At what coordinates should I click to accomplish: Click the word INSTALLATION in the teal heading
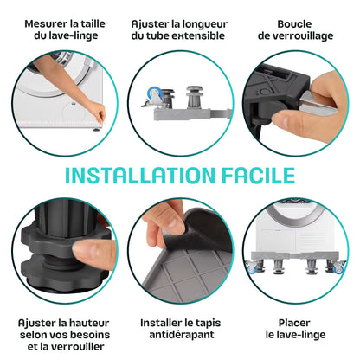click(140, 176)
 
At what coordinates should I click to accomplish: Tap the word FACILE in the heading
click(259, 176)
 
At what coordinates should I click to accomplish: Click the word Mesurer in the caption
click(44, 23)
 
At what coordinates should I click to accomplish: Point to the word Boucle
click(294, 23)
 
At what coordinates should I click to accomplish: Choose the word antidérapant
click(182, 335)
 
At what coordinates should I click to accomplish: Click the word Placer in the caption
click(294, 323)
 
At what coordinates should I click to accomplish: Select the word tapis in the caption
click(207, 323)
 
